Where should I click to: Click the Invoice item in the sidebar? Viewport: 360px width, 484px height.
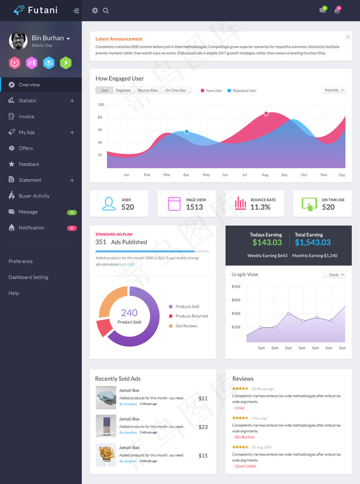(x=26, y=117)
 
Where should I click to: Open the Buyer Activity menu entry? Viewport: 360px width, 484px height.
(x=34, y=196)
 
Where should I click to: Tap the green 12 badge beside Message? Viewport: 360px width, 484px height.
(x=72, y=212)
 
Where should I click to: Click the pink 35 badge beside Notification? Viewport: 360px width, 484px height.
(x=72, y=228)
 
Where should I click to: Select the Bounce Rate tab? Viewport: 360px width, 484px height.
(x=148, y=91)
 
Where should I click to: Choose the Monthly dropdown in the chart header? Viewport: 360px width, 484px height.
(x=334, y=91)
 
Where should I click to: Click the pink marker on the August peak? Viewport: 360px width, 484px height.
(x=266, y=113)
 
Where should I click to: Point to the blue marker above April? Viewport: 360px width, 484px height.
(x=187, y=132)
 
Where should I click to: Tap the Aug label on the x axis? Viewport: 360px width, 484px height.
(x=265, y=175)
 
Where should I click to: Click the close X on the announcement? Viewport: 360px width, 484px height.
(x=348, y=37)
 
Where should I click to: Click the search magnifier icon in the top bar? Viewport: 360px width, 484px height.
(x=106, y=10)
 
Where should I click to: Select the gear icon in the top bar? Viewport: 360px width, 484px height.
(x=95, y=10)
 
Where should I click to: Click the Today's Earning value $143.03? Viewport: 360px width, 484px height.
(x=267, y=242)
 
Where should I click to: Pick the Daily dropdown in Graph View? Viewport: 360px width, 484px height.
(x=334, y=275)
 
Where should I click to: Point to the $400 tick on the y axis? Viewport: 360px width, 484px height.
(x=236, y=300)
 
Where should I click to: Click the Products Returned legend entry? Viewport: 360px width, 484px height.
(x=191, y=316)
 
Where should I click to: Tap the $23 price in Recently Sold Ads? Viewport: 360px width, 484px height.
(x=203, y=427)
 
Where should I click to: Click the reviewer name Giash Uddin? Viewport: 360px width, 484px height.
(x=245, y=466)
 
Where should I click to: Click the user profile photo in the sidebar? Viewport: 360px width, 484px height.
(x=19, y=41)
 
